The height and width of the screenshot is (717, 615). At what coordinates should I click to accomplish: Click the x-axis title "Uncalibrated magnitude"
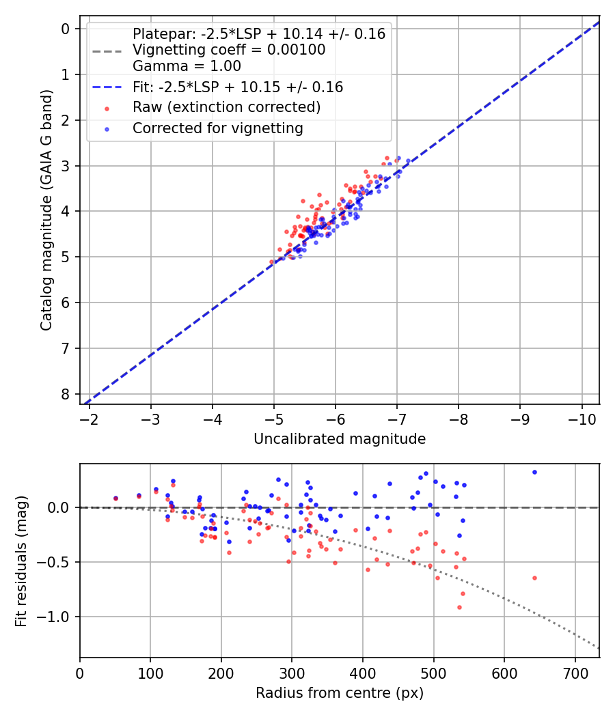point(340,439)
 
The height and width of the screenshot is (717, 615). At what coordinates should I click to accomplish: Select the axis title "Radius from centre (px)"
point(340,693)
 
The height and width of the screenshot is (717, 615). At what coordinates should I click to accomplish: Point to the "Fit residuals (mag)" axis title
point(21,561)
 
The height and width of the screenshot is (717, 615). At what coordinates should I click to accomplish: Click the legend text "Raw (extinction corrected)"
point(226,107)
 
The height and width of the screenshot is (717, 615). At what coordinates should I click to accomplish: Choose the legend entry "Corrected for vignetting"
point(217,128)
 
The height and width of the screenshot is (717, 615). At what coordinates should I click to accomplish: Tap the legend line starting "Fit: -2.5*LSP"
point(237,87)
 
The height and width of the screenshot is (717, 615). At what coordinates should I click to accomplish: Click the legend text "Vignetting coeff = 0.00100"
point(229,50)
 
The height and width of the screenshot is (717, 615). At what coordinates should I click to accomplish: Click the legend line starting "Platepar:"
point(258,34)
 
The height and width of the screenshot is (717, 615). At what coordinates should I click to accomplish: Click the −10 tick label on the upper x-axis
point(582,418)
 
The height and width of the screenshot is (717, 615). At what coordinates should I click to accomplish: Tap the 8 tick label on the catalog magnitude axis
point(66,395)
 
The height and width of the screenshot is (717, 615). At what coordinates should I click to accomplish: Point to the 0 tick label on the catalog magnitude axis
point(66,29)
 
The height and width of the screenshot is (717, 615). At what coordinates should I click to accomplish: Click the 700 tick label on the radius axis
point(575,671)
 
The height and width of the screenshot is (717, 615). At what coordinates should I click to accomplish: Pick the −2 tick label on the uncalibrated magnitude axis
point(90,418)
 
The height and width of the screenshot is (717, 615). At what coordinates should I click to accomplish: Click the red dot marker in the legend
point(106,108)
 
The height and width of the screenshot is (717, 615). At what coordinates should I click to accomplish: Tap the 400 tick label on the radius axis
point(363,671)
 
